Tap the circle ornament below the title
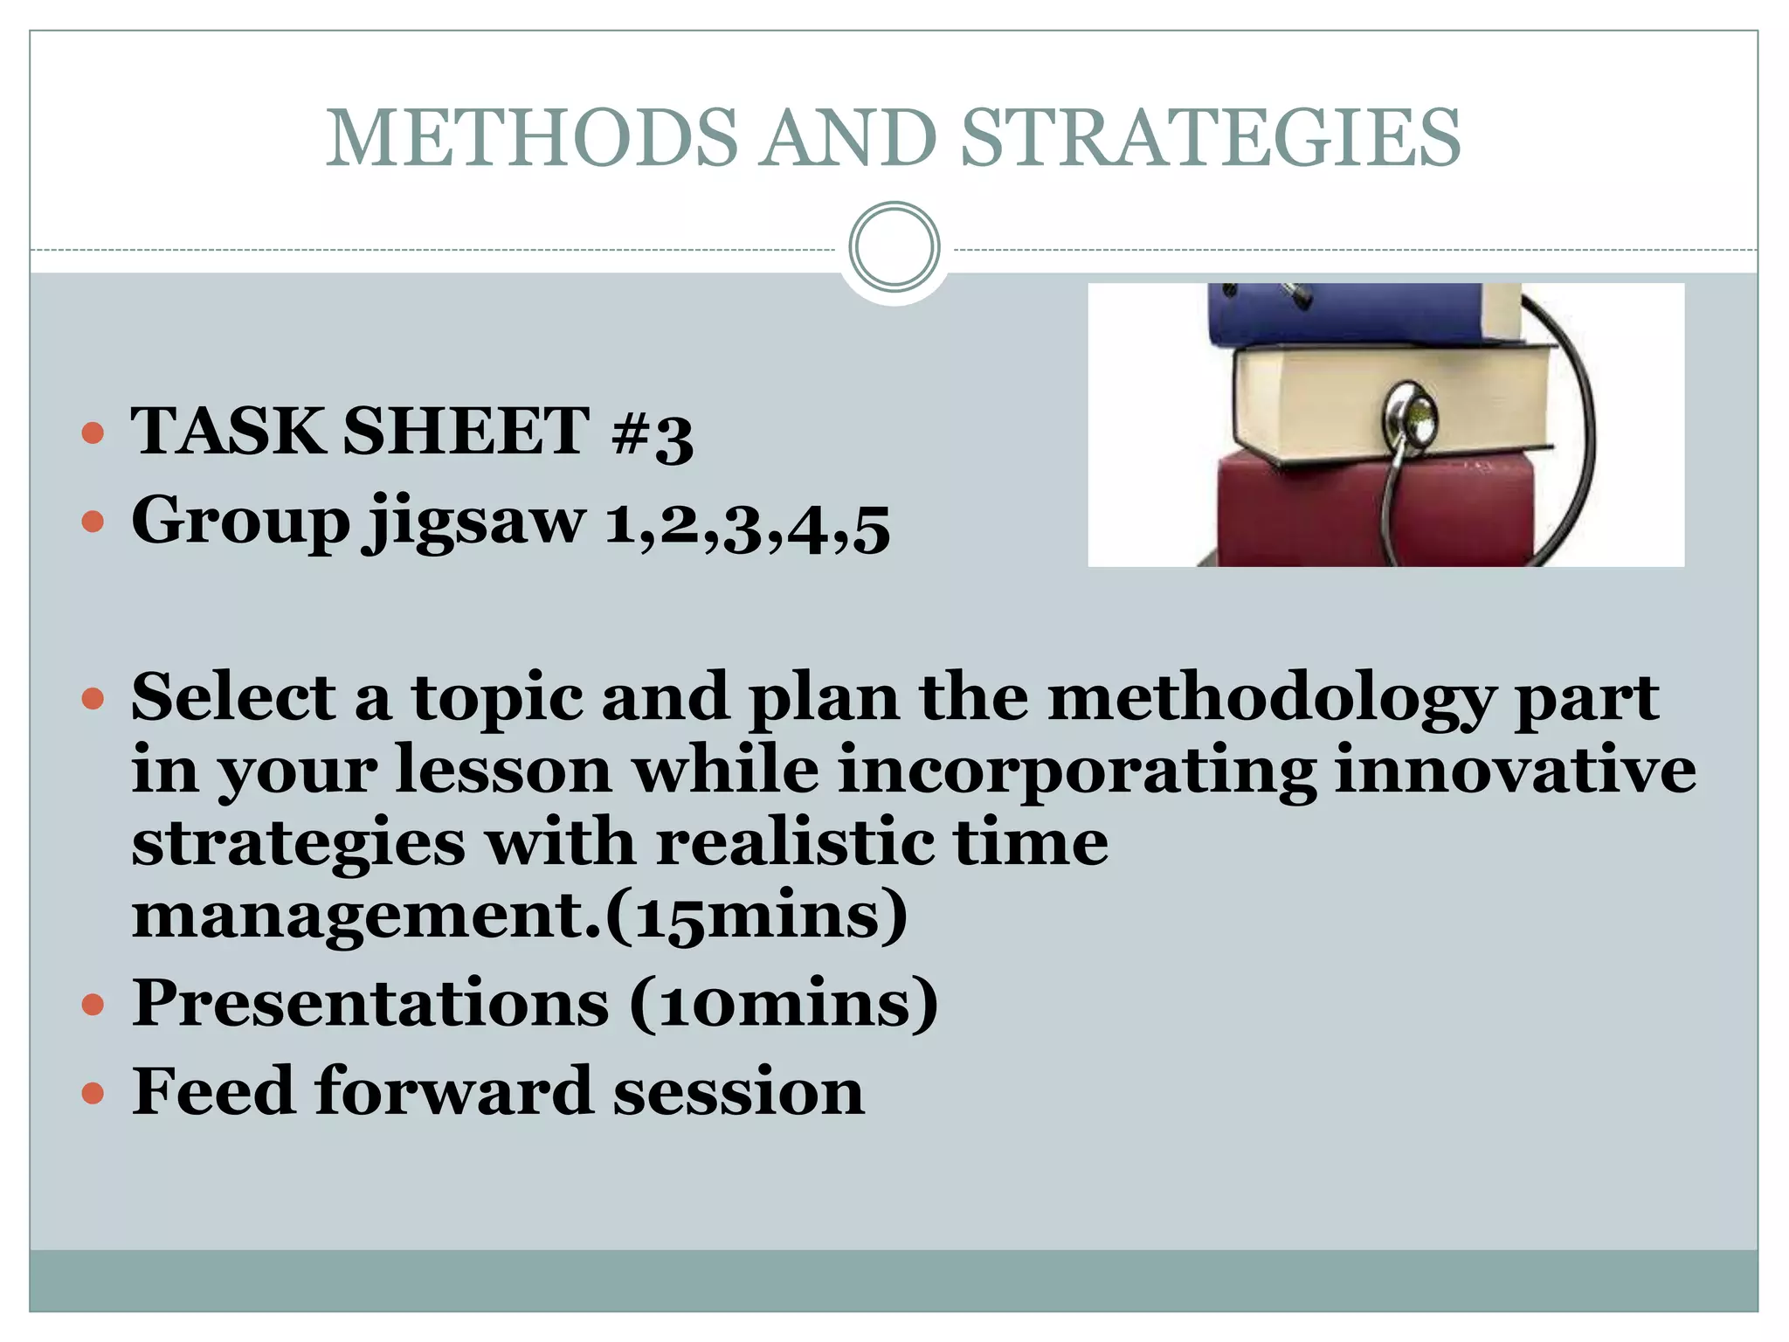(x=894, y=247)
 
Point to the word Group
(x=240, y=522)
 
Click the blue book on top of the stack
(x=1363, y=313)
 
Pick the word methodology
(x=1271, y=699)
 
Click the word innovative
(x=1515, y=771)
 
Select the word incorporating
(x=1076, y=772)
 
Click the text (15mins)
(x=756, y=916)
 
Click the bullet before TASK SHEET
(x=93, y=433)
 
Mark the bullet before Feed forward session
(x=93, y=1092)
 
